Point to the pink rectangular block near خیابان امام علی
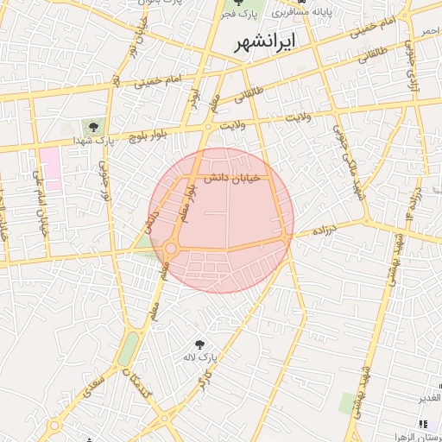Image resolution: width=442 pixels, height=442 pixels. click(x=50, y=168)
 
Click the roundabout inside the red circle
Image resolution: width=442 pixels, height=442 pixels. click(x=171, y=249)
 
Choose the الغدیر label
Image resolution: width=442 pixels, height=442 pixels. click(x=428, y=398)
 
